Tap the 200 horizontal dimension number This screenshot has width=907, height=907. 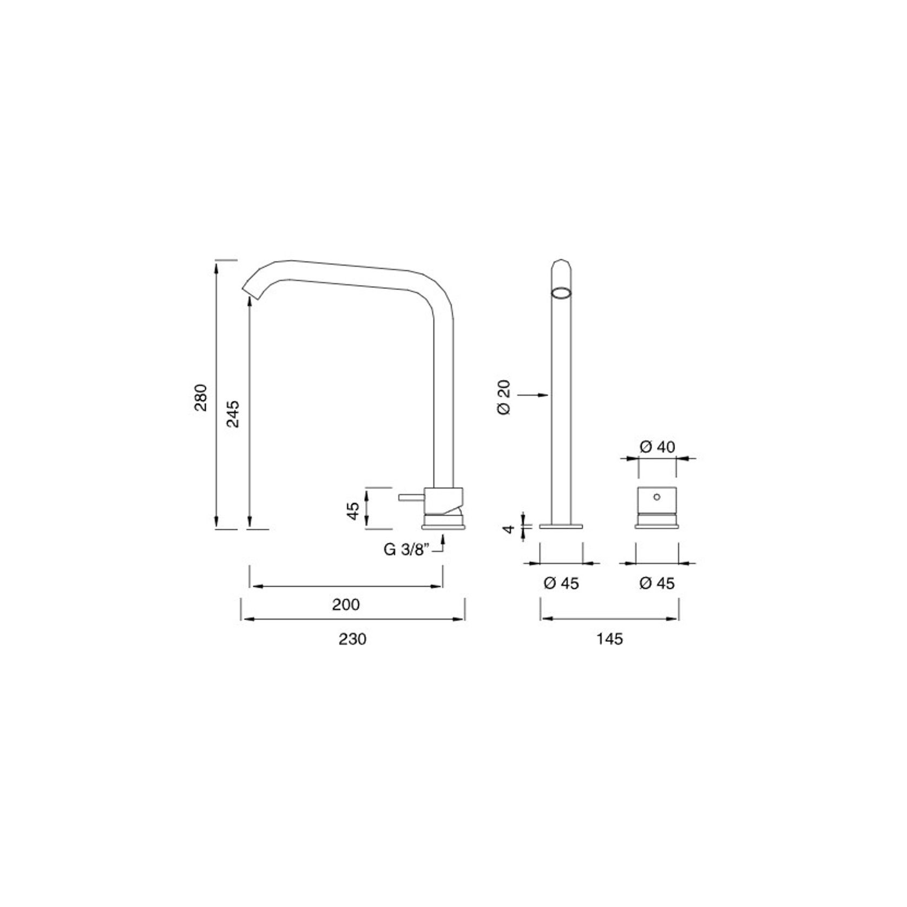tap(346, 604)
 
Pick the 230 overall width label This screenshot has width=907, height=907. tap(352, 639)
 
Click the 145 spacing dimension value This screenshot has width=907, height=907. tap(610, 639)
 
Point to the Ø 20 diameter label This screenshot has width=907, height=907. tap(503, 398)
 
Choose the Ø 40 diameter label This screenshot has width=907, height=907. tap(657, 447)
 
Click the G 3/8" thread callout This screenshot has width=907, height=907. tap(406, 550)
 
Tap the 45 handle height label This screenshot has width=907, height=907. tap(353, 511)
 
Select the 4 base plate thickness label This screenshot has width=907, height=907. tap(508, 528)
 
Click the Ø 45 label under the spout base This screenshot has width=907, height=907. tap(561, 583)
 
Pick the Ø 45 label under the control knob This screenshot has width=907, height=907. tap(657, 583)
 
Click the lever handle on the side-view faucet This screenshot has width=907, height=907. tap(411, 497)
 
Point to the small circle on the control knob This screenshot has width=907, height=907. tap(657, 496)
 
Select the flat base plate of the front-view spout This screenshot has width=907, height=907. tap(561, 525)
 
